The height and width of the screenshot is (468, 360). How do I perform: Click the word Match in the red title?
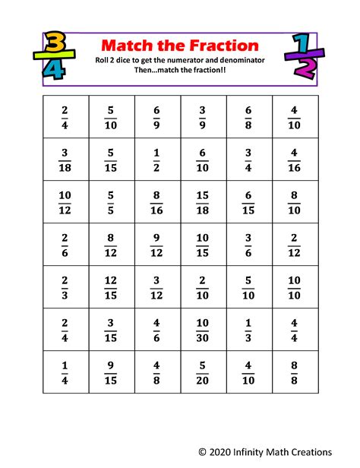[128, 46]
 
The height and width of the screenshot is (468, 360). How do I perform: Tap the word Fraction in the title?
[216, 46]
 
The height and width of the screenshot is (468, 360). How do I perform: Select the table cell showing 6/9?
[156, 116]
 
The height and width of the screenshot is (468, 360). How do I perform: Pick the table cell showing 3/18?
[65, 159]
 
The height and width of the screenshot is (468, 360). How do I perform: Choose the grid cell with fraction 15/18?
[203, 201]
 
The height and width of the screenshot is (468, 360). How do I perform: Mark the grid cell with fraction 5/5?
[111, 201]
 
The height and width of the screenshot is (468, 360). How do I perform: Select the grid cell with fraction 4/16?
[294, 159]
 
